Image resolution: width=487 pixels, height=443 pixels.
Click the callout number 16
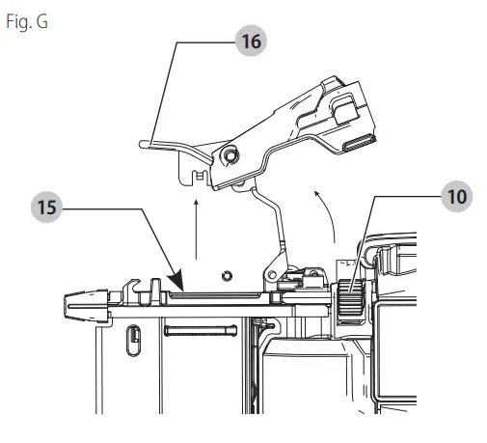[250, 42]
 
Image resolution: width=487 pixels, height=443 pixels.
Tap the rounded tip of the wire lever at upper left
[143, 143]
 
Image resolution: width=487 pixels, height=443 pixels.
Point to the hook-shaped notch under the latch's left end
[199, 177]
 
